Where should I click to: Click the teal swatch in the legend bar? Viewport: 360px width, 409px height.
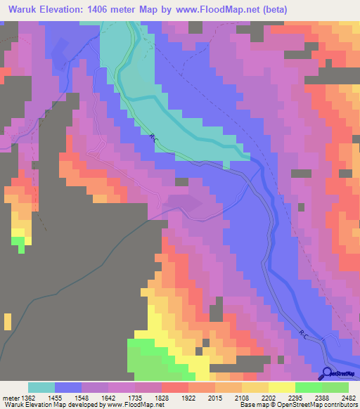click(41, 387)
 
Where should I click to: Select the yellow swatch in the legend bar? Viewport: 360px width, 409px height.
click(281, 387)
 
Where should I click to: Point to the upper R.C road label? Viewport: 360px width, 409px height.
click(154, 140)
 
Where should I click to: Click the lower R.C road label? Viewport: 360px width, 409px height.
click(302, 333)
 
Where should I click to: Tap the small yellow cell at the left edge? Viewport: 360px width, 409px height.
click(7, 322)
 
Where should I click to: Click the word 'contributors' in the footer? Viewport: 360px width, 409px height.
click(338, 405)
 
